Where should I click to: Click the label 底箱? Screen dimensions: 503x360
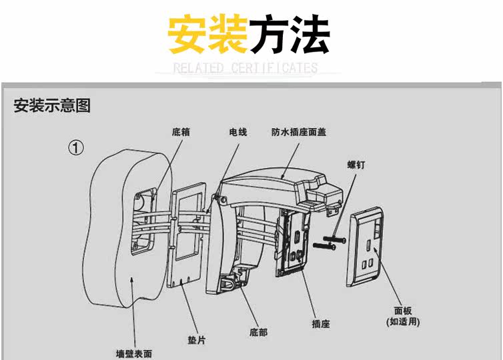181,132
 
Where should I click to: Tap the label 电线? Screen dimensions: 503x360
238,132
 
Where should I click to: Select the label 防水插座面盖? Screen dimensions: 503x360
299,132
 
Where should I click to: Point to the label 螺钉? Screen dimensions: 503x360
356,163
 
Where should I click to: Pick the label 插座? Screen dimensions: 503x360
321,325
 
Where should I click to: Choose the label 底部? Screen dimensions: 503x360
258,331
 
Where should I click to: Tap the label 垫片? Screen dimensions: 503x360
196,340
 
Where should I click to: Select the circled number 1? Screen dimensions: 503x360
77,147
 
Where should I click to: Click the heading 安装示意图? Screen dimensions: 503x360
52,105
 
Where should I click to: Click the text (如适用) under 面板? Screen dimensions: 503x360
404,321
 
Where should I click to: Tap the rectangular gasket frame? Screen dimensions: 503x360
188,237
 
